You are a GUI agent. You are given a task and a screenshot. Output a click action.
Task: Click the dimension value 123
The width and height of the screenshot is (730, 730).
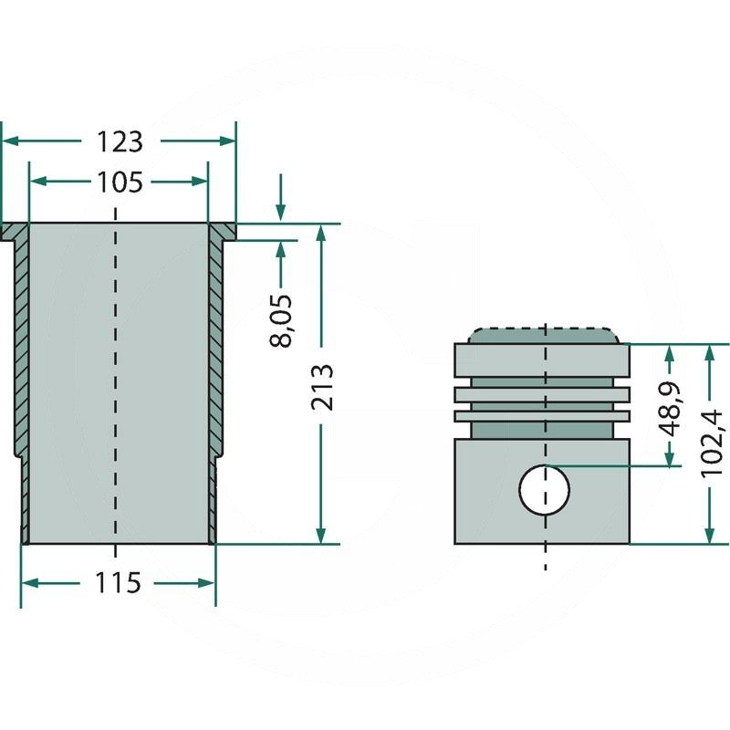click(x=120, y=141)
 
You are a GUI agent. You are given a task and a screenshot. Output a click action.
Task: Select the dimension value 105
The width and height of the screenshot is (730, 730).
click(x=120, y=182)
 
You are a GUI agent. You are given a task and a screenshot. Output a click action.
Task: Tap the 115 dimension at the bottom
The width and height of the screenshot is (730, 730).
click(x=120, y=582)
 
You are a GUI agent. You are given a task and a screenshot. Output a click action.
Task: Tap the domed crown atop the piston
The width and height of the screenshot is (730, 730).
click(x=544, y=334)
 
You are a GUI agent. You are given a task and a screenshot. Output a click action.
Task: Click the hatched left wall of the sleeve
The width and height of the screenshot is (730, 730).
click(x=21, y=347)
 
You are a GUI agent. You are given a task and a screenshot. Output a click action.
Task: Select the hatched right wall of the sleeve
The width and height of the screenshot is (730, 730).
click(x=216, y=347)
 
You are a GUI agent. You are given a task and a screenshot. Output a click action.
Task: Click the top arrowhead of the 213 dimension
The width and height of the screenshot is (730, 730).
click(x=320, y=234)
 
